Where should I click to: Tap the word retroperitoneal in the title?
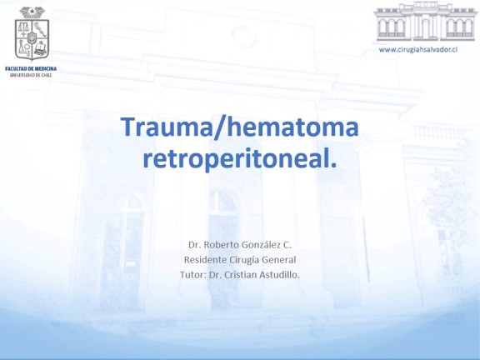click(236, 160)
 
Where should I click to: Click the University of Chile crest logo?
click(32, 33)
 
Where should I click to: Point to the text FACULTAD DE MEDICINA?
click(31, 69)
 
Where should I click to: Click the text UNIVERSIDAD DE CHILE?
click(31, 75)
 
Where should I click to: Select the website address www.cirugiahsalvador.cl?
click(418, 50)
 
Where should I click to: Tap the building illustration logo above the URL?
click(426, 22)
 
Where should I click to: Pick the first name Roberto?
click(221, 245)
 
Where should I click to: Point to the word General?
click(279, 260)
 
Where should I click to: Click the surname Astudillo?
click(279, 275)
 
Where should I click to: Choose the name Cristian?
click(240, 275)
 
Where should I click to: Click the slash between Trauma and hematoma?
click(219, 127)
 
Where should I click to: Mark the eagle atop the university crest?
click(32, 12)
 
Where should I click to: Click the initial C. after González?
click(287, 245)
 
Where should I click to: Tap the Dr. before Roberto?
click(194, 245)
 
